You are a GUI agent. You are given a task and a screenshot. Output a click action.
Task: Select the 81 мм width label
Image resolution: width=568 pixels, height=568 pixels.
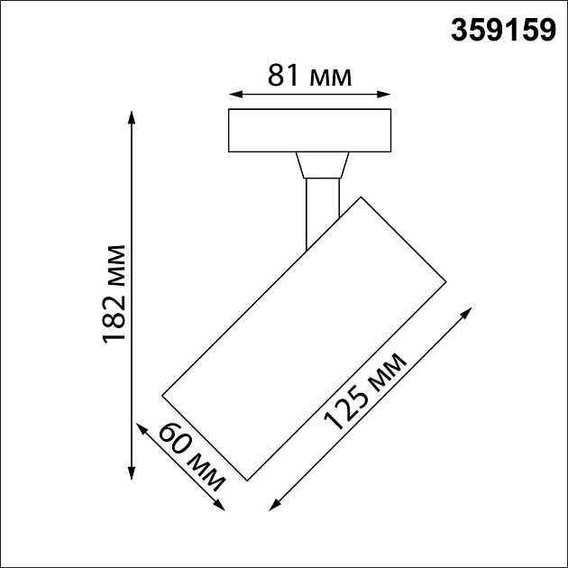[x=309, y=76]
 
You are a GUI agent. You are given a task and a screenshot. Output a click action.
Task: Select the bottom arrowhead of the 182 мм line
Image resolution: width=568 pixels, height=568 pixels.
[x=133, y=475]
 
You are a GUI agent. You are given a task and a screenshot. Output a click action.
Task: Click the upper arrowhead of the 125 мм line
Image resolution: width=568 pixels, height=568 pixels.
[x=469, y=310]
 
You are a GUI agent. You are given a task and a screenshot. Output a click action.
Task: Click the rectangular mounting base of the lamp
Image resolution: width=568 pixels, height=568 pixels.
[x=310, y=132]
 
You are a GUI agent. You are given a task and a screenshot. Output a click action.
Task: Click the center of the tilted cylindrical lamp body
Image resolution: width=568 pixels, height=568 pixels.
[x=304, y=336]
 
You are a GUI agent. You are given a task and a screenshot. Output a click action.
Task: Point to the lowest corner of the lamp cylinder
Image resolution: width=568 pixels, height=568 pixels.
[x=246, y=478]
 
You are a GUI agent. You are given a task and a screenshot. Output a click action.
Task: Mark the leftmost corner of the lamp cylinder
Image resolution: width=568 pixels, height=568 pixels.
[x=161, y=394]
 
